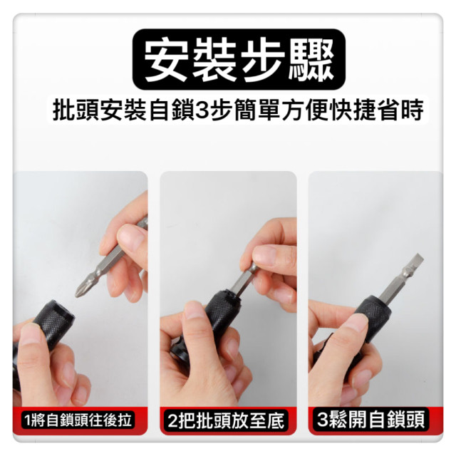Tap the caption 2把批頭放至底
(x=227, y=420)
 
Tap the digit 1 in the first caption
(x=27, y=419)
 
